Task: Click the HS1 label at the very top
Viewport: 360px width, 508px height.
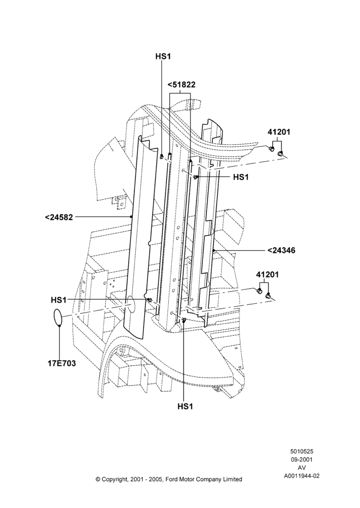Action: [x=163, y=56]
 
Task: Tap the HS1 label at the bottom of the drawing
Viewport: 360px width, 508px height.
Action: [x=185, y=406]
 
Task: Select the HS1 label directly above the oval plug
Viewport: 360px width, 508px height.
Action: [x=58, y=300]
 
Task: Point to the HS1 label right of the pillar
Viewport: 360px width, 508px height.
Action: [x=241, y=177]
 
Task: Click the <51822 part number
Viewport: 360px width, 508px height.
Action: [x=182, y=85]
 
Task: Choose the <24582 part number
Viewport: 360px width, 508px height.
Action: [x=58, y=217]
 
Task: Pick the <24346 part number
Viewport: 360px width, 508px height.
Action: [x=282, y=250]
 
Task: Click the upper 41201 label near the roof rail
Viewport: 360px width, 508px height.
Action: [x=279, y=132]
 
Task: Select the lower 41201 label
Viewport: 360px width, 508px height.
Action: [x=267, y=275]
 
